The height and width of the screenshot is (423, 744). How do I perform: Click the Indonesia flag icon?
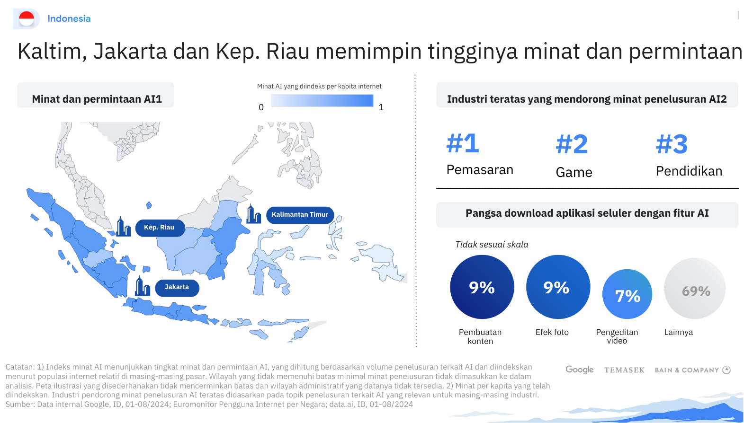tap(27, 18)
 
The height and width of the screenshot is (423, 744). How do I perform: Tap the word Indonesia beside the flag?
tap(69, 18)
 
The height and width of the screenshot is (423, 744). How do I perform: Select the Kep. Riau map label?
tap(160, 228)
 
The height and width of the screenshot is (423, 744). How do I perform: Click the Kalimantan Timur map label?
tap(300, 215)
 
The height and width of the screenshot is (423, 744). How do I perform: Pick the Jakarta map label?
tap(177, 287)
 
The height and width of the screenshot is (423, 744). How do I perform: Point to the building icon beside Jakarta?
tap(143, 286)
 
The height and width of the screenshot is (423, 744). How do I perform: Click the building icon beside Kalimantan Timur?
tap(254, 214)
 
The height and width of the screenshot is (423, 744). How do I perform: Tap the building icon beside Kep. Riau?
tap(123, 227)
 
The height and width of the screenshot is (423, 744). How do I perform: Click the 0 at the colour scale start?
tap(261, 107)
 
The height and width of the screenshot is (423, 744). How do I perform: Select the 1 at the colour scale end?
tap(381, 107)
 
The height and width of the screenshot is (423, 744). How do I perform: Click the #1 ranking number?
tap(463, 143)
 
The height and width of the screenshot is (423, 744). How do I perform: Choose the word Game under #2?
tap(574, 173)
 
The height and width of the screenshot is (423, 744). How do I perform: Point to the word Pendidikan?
tap(689, 171)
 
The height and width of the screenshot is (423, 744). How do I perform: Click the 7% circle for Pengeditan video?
tap(627, 294)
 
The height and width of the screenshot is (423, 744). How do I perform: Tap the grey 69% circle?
tap(695, 289)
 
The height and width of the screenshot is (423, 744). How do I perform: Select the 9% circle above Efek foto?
tap(558, 287)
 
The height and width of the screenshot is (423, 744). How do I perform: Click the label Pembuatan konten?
tap(480, 337)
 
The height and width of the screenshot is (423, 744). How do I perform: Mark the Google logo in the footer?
tap(580, 370)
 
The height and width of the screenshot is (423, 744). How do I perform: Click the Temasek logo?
tap(624, 370)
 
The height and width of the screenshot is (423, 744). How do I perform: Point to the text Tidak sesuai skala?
tap(492, 245)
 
